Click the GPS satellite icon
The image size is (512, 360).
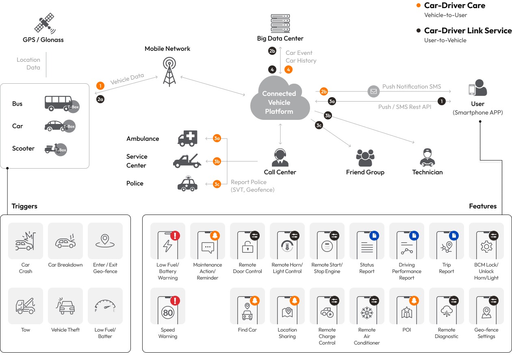(44, 23)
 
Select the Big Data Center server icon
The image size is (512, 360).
(280, 24)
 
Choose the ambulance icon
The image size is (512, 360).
(188, 139)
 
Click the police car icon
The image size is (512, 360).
(188, 184)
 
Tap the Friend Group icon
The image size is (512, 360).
(365, 158)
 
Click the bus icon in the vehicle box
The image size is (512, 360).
(59, 103)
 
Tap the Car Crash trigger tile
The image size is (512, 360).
(25, 241)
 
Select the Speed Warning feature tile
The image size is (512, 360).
(167, 306)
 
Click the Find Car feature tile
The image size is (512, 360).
(247, 306)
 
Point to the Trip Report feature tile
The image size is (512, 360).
(446, 241)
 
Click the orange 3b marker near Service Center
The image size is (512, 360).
(217, 161)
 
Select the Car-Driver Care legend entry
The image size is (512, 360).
(454, 6)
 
